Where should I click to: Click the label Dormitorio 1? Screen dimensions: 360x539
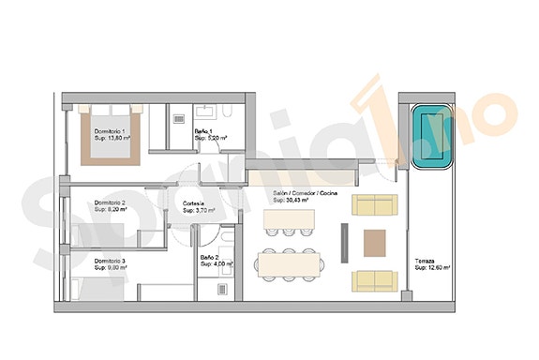coord(112,130)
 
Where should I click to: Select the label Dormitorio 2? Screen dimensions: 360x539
coord(111,202)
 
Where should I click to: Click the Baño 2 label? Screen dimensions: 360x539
coord(210,257)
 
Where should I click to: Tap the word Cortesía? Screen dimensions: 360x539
coord(194,203)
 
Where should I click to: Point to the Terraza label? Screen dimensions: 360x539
coord(425,261)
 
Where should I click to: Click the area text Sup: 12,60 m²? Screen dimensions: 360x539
coord(432,268)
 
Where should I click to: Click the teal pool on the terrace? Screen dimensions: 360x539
coord(432,138)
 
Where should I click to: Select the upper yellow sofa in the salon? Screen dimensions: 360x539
coord(374,205)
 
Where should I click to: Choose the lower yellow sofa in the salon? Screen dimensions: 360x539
coord(374,279)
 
